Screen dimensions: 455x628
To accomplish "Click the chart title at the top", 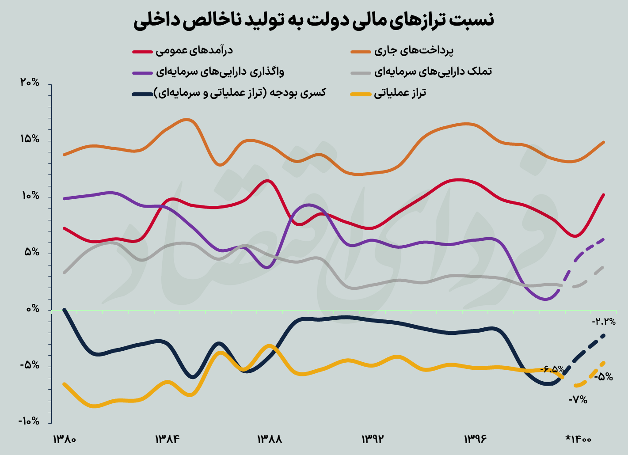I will click(314, 21).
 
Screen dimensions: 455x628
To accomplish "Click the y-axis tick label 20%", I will click(30, 83).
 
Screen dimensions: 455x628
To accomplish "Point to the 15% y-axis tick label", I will click(30, 140).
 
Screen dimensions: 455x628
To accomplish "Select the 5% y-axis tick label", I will click(32, 253).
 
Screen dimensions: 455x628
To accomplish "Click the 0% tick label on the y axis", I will click(32, 309).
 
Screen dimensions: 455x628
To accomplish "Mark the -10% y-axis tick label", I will click(29, 421).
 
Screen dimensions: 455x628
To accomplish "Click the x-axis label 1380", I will click(65, 440).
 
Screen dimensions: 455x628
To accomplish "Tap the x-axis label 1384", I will click(167, 440).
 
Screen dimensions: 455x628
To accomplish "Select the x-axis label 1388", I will click(270, 440).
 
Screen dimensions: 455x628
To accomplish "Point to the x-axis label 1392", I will click(373, 440).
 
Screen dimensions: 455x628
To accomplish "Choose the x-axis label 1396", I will click(475, 440).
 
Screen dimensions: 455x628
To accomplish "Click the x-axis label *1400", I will click(579, 440).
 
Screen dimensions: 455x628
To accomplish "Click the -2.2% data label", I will click(603, 322).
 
